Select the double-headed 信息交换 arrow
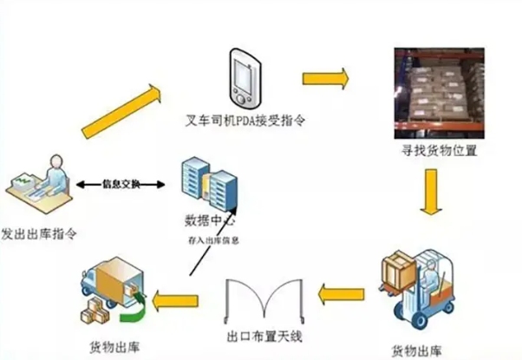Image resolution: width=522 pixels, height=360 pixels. coord(121,183)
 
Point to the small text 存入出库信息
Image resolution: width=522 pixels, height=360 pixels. coord(214,239)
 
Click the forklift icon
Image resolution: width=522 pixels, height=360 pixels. coord(417,287)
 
